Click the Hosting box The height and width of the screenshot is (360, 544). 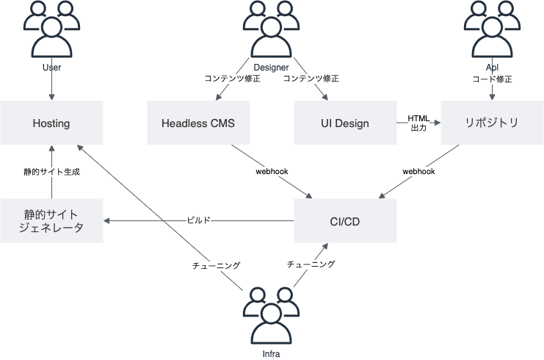tap(51, 123)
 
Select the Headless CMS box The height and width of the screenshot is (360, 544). tap(198, 123)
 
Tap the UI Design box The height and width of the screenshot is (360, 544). tap(345, 123)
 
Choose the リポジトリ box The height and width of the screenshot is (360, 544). tap(492, 123)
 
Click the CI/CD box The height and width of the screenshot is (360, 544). tap(345, 221)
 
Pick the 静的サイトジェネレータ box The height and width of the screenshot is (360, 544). tap(51, 221)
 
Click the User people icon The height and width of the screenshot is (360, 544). tap(51, 29)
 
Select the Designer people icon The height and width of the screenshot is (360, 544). tap(271, 29)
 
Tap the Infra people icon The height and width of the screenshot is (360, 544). tap(271, 316)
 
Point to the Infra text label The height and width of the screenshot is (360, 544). tap(271, 354)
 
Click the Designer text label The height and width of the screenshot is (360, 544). tap(271, 68)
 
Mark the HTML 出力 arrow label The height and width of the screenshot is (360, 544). tap(418, 123)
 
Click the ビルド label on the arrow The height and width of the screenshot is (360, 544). tap(198, 220)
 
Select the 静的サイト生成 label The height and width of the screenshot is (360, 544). tap(51, 171)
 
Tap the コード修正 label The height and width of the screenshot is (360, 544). tap(492, 79)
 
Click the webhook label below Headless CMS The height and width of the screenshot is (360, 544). tap(272, 171)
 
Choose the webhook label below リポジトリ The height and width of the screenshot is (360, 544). tap(418, 171)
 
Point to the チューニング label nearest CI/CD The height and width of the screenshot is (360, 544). tap(311, 264)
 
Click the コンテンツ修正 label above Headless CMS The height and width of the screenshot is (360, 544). tap(232, 79)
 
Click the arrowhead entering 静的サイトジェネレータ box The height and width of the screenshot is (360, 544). tap(106, 221)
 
